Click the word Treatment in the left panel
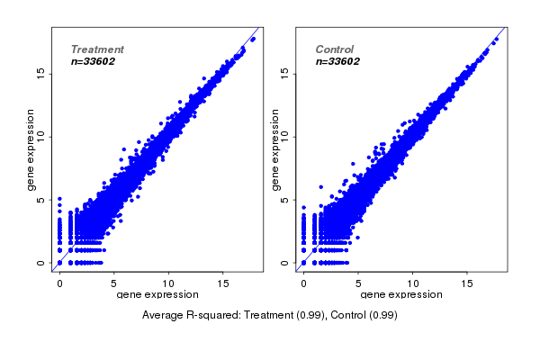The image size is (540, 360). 97,49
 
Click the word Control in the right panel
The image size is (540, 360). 335,49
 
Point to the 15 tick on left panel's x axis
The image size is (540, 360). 224,283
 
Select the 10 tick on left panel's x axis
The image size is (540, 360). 169,283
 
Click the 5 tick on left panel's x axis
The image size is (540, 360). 114,283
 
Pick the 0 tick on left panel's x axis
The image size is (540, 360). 59,283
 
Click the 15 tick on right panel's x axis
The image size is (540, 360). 468,283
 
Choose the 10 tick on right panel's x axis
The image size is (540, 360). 413,283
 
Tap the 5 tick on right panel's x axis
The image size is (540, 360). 358,283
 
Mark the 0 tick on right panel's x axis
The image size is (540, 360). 304,283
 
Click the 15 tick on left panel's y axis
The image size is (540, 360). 40,73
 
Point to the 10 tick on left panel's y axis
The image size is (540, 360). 40,136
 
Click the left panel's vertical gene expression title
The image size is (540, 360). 32,149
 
